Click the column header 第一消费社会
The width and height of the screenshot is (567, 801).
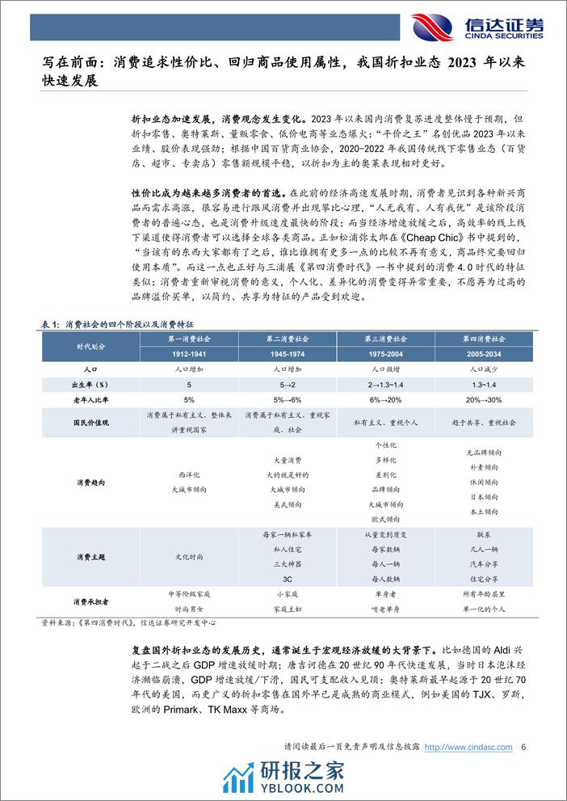pos(187,339)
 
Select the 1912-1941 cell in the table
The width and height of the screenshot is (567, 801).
pos(187,354)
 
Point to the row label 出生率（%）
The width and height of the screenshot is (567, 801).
pos(90,384)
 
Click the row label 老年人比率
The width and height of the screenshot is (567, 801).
pos(90,398)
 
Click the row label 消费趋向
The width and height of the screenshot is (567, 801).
pos(90,482)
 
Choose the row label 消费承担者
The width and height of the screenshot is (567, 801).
pos(90,601)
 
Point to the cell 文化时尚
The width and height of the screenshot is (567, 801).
pos(187,557)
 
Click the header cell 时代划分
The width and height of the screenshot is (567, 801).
pos(90,346)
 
